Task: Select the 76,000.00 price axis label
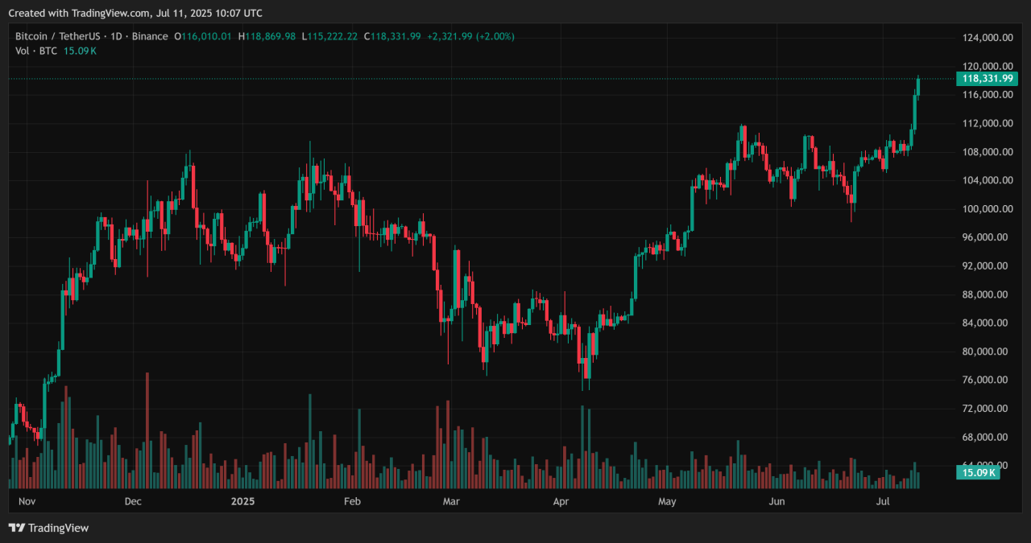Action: [987, 381]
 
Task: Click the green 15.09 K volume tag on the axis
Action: [978, 472]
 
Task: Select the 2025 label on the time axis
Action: [242, 502]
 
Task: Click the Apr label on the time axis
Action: [561, 502]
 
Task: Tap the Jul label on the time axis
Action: [884, 502]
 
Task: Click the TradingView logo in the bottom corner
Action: [48, 528]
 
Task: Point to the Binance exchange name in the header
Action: [150, 36]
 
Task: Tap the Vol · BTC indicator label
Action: [35, 51]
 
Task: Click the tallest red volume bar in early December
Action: [147, 430]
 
